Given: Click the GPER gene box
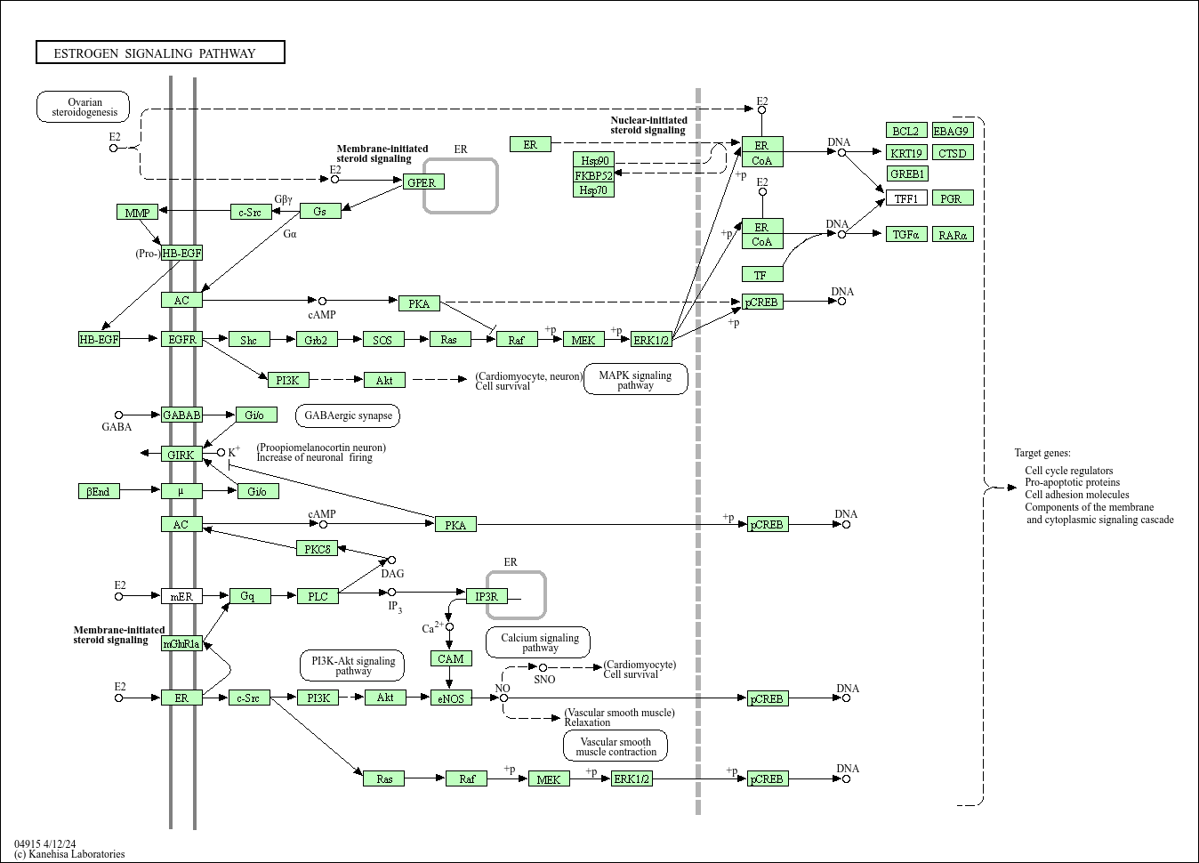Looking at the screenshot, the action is coord(423,182).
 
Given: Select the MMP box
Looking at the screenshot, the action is coord(137,212).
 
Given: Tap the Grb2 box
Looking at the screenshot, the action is coord(317,340).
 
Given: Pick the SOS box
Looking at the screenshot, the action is coord(383,340).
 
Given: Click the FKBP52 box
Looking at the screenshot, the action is coord(593,175).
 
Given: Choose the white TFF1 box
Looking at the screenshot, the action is coord(906,198).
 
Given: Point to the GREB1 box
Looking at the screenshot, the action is coord(906,173).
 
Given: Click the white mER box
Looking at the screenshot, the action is coord(182,596).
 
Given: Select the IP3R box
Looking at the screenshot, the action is coord(487,596).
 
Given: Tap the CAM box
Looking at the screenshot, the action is coord(451,658).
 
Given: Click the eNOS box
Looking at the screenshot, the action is coord(451,698).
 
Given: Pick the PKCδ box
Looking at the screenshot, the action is coord(317,549).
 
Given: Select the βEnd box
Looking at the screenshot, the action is coord(99,491).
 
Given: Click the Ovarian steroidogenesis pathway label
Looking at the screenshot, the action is coord(83,107).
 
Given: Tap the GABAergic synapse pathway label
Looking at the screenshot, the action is coord(348,415).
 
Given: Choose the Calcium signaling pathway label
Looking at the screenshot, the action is coord(538,642).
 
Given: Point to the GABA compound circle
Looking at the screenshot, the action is coord(119,415).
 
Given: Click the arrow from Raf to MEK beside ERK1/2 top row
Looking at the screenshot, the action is coord(551,340).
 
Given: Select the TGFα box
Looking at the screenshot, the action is coord(906,234).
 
